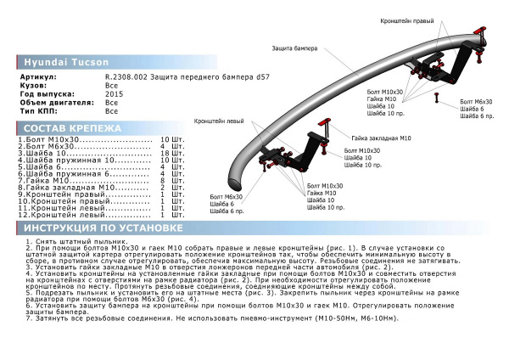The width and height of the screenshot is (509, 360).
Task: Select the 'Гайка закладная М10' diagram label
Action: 381,136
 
